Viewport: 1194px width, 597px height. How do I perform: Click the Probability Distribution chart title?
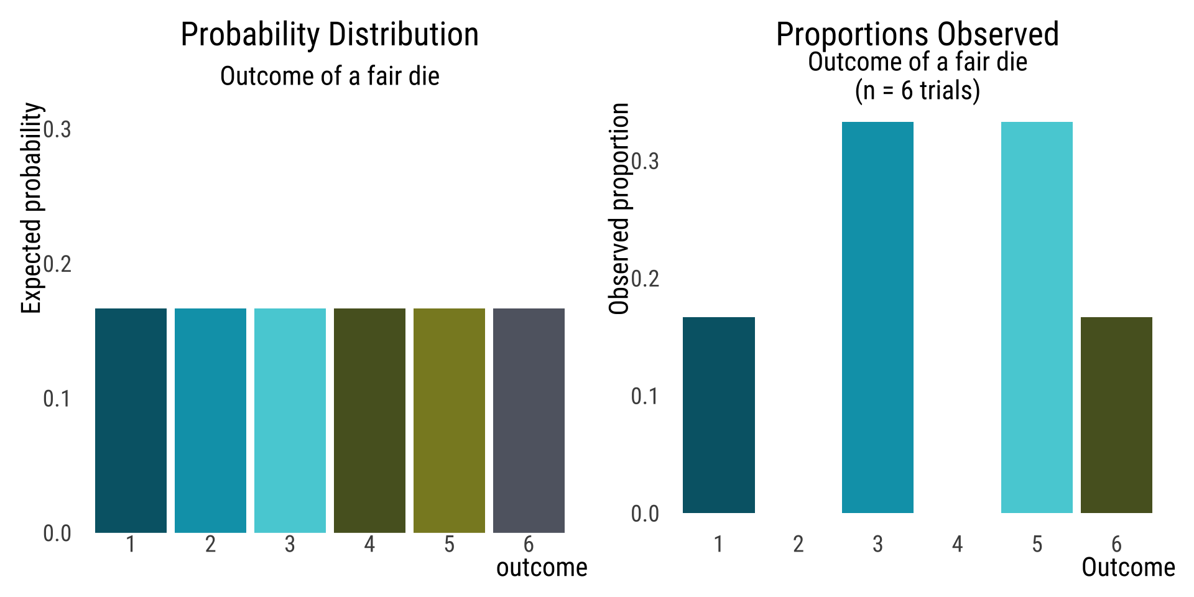[330, 35]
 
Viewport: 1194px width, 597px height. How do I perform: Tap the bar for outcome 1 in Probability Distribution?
[131, 420]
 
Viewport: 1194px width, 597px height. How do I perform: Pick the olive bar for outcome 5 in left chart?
[449, 420]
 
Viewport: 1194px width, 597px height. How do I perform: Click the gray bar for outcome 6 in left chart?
[529, 420]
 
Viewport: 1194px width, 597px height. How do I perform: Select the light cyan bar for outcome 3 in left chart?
[290, 420]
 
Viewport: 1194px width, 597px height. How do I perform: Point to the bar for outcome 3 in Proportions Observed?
[877, 317]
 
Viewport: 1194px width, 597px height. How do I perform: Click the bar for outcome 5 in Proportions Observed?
[1037, 317]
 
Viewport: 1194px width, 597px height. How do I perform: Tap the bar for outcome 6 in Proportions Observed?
[1116, 415]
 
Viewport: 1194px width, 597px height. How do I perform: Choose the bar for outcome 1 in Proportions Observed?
[718, 415]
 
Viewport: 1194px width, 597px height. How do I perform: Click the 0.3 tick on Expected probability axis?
[57, 129]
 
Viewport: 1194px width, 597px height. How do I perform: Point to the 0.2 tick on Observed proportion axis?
[645, 279]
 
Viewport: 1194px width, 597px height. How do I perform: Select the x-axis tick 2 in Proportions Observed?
[798, 545]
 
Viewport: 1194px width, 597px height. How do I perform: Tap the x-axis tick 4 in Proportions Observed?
[957, 545]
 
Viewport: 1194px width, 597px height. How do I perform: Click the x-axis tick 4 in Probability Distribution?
[369, 545]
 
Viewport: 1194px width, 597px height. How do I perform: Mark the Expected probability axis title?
[31, 208]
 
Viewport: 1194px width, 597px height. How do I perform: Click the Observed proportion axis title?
[619, 208]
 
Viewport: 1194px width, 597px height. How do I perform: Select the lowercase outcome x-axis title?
[542, 568]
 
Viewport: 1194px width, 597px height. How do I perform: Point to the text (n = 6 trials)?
[917, 91]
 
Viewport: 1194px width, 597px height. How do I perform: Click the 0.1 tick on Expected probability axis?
[57, 399]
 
